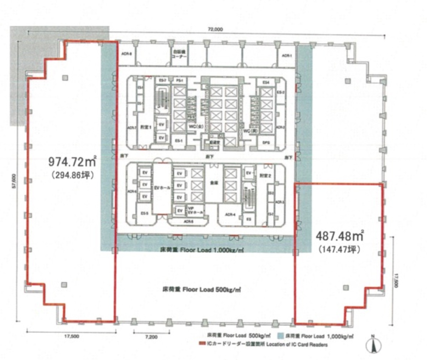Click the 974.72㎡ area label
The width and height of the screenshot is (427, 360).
pyautogui.click(x=73, y=163)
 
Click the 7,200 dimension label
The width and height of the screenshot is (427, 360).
pyautogui.click(x=152, y=337)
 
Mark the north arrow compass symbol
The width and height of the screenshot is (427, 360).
pyautogui.click(x=373, y=344)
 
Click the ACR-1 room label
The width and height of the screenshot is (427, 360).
pyautogui.click(x=287, y=56)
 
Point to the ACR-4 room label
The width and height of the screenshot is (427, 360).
pyautogui.click(x=230, y=215)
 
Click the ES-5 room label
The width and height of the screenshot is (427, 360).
pyautogui.click(x=144, y=214)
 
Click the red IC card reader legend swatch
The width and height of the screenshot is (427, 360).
pyautogui.click(x=202, y=344)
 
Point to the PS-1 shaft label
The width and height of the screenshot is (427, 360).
pyautogui.click(x=179, y=81)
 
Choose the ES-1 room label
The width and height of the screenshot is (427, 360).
pyautogui.click(x=178, y=141)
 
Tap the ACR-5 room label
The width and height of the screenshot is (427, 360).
pyautogui.click(x=189, y=221)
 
